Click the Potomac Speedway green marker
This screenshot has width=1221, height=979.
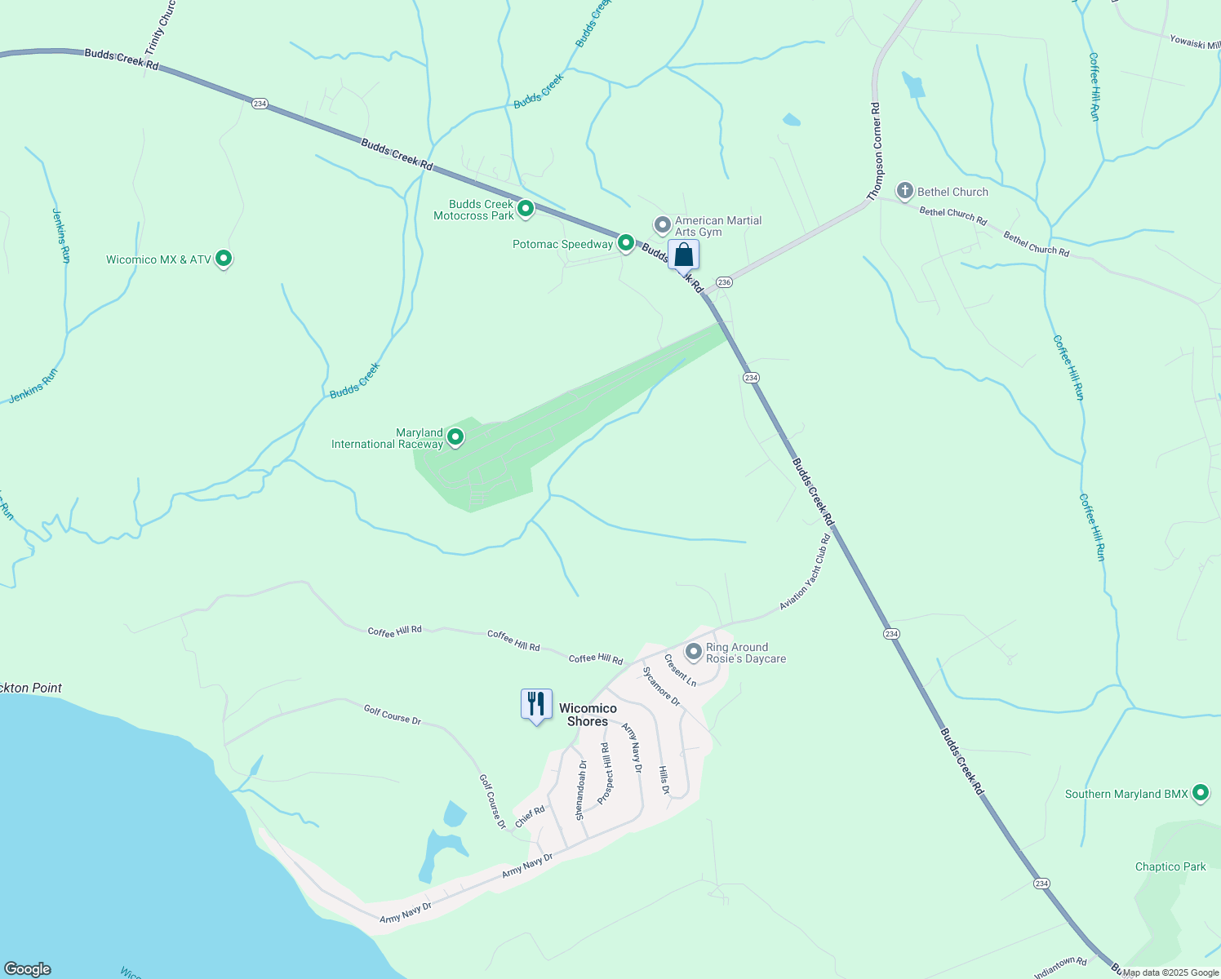pos(626,243)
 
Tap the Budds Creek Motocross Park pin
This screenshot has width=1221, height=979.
pos(526,209)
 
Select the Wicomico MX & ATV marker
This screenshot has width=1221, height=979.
pos(224,259)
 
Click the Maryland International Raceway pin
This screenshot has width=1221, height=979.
pos(455,437)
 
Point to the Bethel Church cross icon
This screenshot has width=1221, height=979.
pos(904,192)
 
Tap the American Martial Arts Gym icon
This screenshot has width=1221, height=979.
pos(663,224)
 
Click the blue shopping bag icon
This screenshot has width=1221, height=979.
pos(684,255)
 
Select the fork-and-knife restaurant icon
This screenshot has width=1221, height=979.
pos(536,703)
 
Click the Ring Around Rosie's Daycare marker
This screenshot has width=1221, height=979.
pos(694,652)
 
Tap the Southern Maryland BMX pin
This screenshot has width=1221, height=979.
pos(1200,792)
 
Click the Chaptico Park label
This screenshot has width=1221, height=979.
pos(1170,866)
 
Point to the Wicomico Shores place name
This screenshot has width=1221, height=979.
pos(588,715)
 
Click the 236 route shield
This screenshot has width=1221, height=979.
pos(725,282)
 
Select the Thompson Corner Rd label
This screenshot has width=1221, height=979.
pos(876,152)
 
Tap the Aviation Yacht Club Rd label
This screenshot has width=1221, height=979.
pos(805,573)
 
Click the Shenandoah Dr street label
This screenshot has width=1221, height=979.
pos(580,790)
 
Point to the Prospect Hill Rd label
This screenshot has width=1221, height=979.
pos(605,773)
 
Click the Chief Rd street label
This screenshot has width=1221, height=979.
pos(530,816)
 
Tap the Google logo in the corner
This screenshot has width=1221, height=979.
pos(27,969)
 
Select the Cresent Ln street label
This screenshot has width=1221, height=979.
pos(680,670)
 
